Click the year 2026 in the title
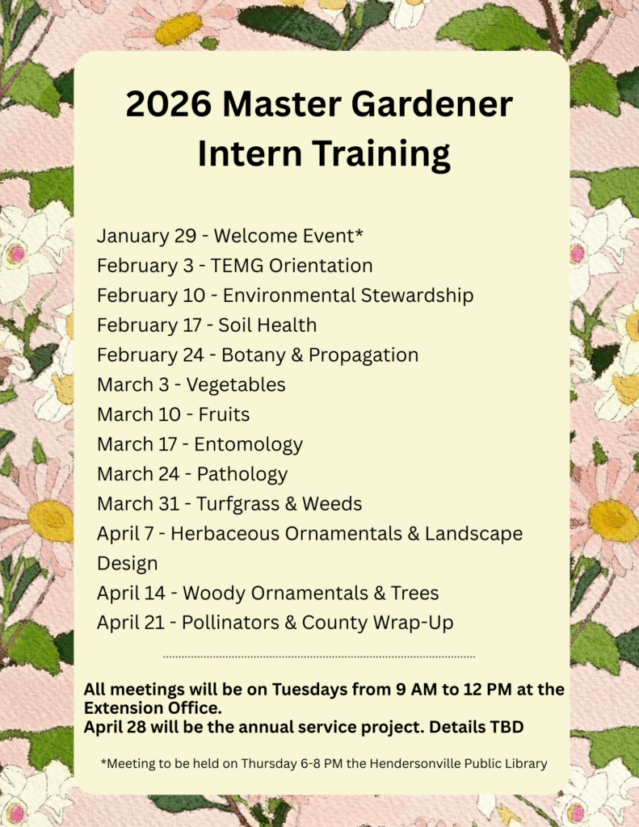pyautogui.click(x=169, y=103)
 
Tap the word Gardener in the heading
pyautogui.click(x=431, y=103)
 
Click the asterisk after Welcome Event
pyautogui.click(x=359, y=232)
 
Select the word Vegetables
pyautogui.click(x=236, y=385)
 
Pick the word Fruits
pyautogui.click(x=224, y=414)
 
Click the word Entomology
pyautogui.click(x=249, y=445)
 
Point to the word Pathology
pyautogui.click(x=242, y=474)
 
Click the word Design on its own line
pyautogui.click(x=127, y=564)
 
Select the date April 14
pyautogui.click(x=132, y=594)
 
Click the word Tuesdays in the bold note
pyautogui.click(x=309, y=690)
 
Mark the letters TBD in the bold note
pyautogui.click(x=507, y=728)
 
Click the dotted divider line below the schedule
pyautogui.click(x=319, y=657)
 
